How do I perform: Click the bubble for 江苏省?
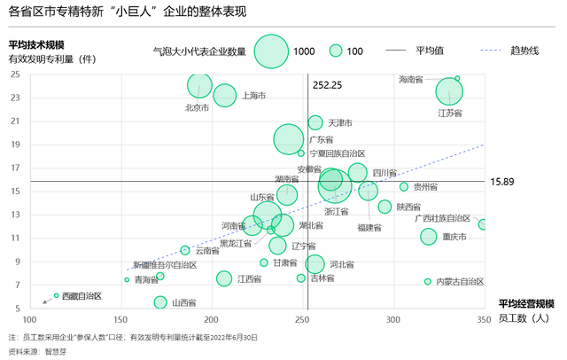click(450, 90)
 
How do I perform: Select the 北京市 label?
click(197, 108)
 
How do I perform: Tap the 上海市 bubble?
click(224, 95)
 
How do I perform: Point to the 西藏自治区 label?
click(82, 295)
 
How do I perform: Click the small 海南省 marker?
click(457, 79)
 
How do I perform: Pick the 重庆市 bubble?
click(429, 237)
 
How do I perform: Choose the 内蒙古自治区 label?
click(460, 282)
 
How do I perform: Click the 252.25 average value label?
click(328, 85)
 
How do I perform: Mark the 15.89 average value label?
click(501, 182)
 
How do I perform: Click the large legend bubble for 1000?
click(271, 51)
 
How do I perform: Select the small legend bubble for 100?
click(335, 51)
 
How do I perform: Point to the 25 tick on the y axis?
click(16, 74)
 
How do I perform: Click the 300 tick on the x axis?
click(393, 319)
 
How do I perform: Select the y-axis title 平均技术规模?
click(35, 44)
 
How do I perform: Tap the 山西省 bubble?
click(160, 302)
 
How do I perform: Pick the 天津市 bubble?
click(315, 122)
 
